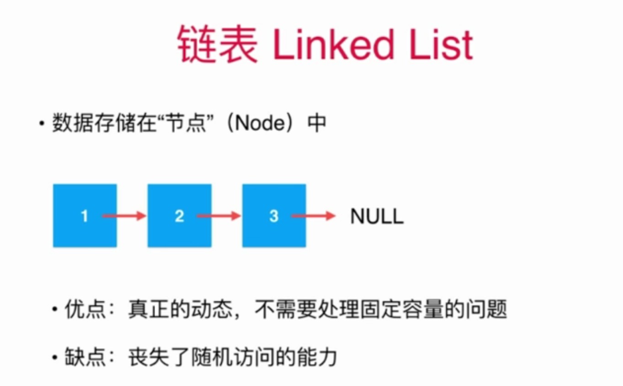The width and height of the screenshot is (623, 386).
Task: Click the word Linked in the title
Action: [334, 44]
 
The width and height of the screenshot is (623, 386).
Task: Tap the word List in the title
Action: [442, 44]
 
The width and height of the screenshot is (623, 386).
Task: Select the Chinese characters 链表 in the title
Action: [218, 44]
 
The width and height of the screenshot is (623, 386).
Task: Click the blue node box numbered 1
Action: [85, 215]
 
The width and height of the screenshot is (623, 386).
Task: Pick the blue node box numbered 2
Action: [179, 215]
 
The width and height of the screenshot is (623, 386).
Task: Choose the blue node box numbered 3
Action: [274, 215]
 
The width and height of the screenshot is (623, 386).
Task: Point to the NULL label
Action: [377, 216]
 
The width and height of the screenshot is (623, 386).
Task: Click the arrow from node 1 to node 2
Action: [124, 216]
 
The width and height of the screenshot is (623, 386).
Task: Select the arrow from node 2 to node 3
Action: [218, 216]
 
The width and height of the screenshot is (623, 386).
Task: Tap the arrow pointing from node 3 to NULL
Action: [314, 216]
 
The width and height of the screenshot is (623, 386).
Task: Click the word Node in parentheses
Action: [261, 123]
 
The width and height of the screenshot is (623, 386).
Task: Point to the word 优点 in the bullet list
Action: [85, 309]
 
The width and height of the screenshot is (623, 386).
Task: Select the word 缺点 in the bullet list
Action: [85, 356]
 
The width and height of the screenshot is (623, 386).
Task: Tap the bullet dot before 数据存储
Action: [42, 123]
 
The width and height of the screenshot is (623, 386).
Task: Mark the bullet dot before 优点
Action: [55, 309]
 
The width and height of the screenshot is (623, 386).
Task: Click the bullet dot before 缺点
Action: [55, 357]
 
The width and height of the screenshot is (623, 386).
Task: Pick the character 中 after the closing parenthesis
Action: [317, 123]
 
